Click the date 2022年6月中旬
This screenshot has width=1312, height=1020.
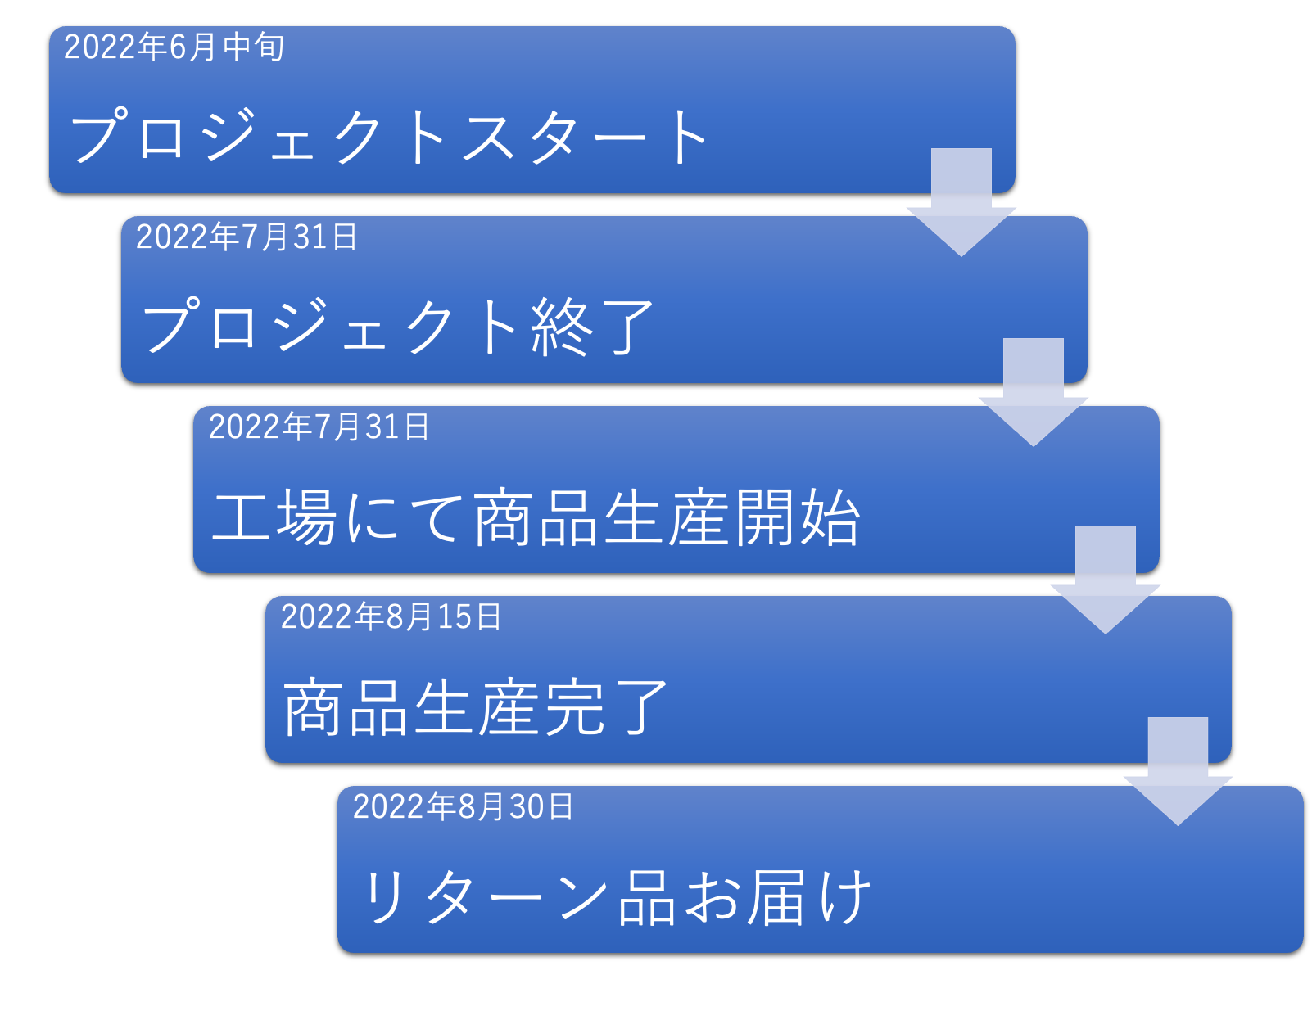(x=174, y=47)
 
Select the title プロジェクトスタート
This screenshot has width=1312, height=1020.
(x=389, y=137)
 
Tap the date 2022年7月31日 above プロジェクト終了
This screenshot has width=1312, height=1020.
(x=247, y=237)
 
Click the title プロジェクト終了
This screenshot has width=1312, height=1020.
(x=398, y=327)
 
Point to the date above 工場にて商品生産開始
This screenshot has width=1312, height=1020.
(x=319, y=427)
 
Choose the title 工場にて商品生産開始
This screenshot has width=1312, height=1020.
(x=536, y=517)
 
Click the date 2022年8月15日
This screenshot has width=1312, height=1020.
(x=391, y=616)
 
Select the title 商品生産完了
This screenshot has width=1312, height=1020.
(x=476, y=707)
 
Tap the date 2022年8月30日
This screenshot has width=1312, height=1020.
(x=463, y=806)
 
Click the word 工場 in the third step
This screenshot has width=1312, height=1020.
(x=274, y=517)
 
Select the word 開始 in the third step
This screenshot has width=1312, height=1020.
(x=797, y=517)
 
